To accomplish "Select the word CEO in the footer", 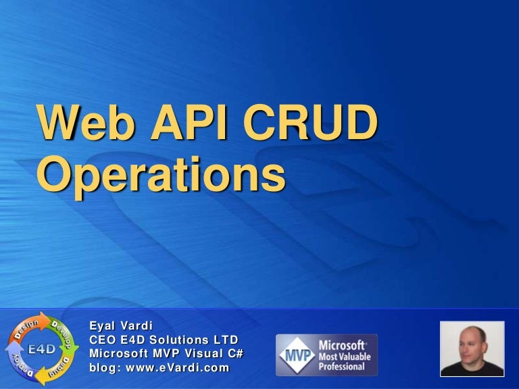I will click(103, 340).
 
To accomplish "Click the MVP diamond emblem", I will click(292, 355).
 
